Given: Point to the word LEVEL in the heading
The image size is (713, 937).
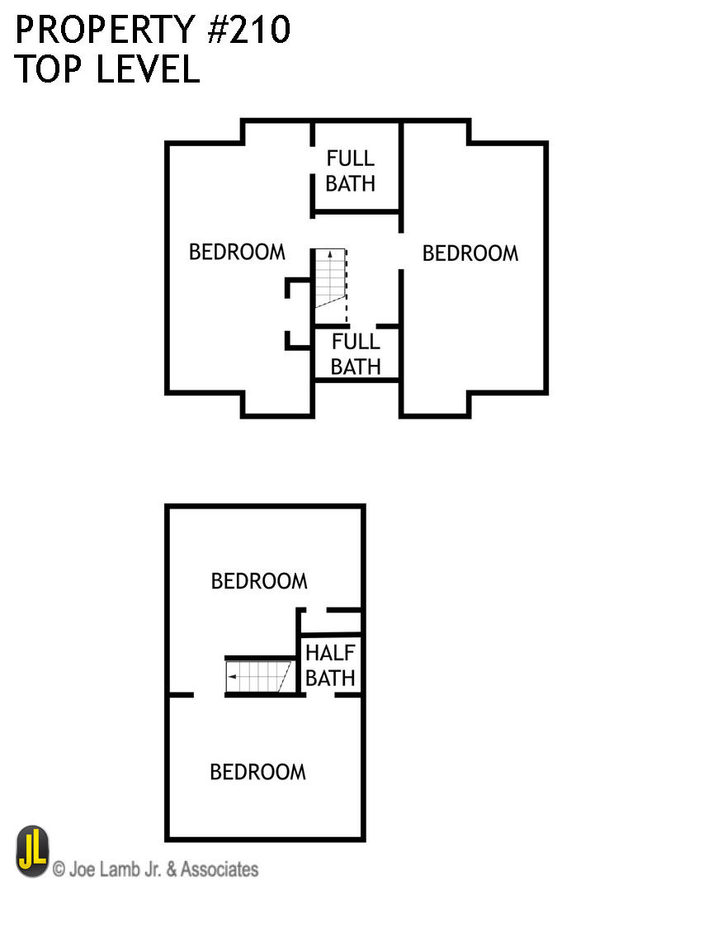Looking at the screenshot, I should point(148,69).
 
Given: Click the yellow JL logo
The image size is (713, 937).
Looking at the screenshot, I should point(33,852).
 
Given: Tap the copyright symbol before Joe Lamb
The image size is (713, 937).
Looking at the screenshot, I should point(59,869).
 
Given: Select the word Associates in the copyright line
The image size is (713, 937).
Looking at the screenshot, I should point(219,869).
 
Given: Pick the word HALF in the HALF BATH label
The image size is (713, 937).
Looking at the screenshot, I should point(330,653).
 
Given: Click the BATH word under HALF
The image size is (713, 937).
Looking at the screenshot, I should point(330,679).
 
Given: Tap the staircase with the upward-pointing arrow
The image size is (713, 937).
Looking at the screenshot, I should point(328,277).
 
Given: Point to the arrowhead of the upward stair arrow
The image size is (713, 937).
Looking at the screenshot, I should point(328,252).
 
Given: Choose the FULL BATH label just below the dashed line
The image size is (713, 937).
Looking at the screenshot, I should point(356,354).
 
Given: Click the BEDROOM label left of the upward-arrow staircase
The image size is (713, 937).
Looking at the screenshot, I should point(237,252).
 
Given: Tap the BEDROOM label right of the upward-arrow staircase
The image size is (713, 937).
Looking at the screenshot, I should point(470,253).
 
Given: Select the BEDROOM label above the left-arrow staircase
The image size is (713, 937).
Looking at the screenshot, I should point(259,581).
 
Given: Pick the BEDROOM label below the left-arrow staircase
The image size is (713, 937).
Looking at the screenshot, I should point(257,772).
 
